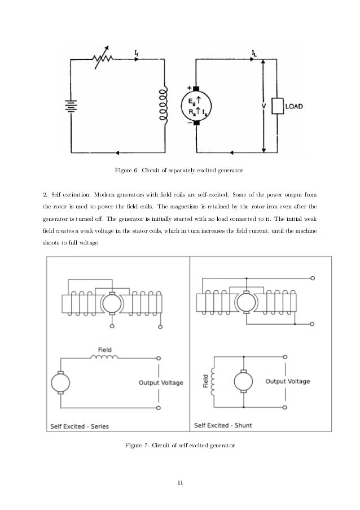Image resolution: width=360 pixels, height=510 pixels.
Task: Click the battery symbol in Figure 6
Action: coord(69,106)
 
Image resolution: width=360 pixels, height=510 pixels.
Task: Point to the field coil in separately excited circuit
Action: coord(164,105)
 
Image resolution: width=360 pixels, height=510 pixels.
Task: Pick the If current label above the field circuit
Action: coord(137,53)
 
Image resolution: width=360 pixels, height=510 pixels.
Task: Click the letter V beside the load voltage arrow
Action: coord(257,105)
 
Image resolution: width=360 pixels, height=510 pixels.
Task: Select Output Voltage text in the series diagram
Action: coord(161,382)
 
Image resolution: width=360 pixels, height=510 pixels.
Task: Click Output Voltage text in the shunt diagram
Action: coord(288,381)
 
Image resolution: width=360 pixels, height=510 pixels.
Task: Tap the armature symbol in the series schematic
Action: coord(59,383)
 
